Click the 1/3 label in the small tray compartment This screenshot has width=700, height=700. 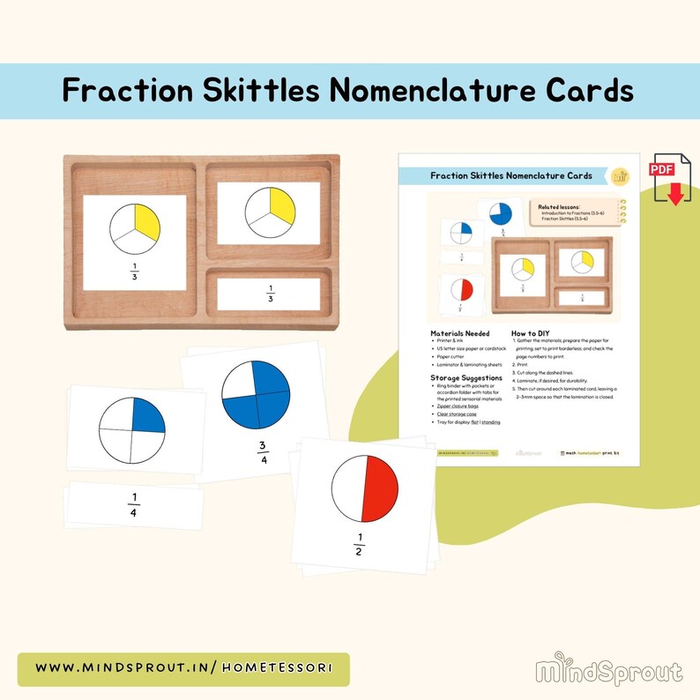[269, 294]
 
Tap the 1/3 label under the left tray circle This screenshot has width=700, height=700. [135, 269]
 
